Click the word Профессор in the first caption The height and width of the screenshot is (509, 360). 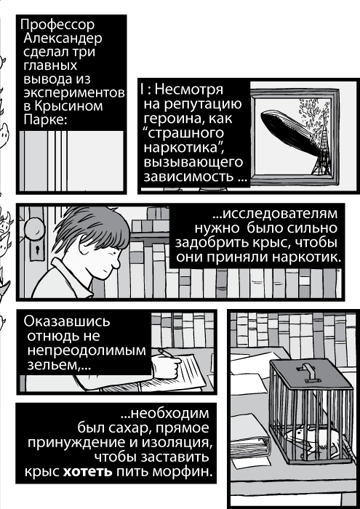point(57,25)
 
